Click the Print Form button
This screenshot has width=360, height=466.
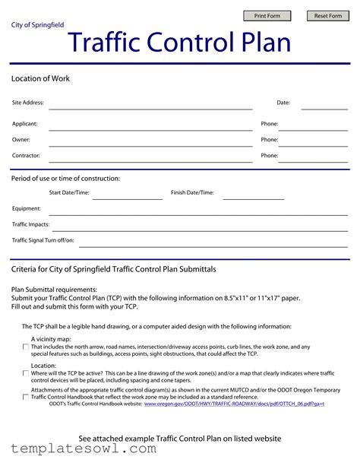pos(267,16)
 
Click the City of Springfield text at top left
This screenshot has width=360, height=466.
pos(37,25)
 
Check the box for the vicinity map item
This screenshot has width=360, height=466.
pos(26,347)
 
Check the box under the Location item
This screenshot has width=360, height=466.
pos(26,373)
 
